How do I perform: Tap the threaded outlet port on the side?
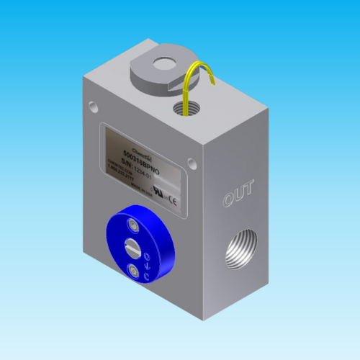240,251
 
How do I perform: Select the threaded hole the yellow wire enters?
185,110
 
